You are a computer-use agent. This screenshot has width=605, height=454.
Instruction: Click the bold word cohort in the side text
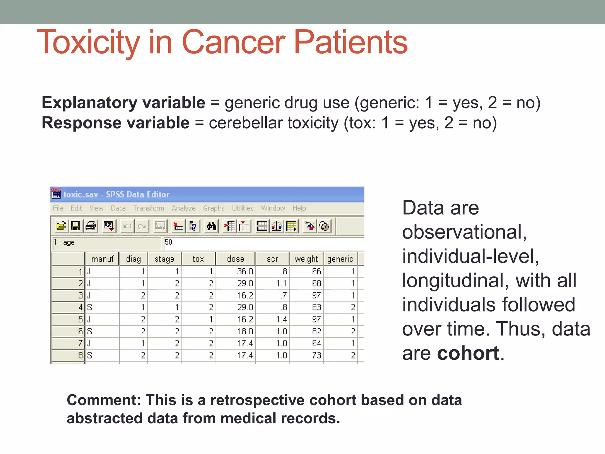pyautogui.click(x=468, y=353)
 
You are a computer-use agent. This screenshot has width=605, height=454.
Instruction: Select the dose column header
pyautogui.click(x=235, y=259)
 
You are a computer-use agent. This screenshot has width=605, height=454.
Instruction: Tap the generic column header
pyautogui.click(x=340, y=259)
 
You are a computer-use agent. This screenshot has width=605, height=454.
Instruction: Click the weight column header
pyautogui.click(x=306, y=259)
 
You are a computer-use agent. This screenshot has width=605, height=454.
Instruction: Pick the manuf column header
pyautogui.click(x=102, y=259)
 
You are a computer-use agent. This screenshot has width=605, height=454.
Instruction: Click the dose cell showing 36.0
pyautogui.click(x=245, y=271)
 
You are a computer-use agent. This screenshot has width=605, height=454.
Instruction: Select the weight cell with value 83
pyautogui.click(x=316, y=307)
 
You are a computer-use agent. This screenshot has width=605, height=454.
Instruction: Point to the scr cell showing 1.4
pyautogui.click(x=281, y=319)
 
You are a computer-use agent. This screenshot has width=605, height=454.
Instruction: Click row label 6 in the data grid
pyautogui.click(x=80, y=331)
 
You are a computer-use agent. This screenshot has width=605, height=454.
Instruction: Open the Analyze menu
pyautogui.click(x=183, y=208)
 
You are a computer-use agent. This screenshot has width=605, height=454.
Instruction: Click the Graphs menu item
pyautogui.click(x=214, y=208)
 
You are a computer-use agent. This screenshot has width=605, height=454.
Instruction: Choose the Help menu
pyautogui.click(x=299, y=208)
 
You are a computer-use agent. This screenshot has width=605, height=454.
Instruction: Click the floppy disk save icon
pyautogui.click(x=76, y=226)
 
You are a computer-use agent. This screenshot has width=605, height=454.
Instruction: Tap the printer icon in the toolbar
pyautogui.click(x=90, y=226)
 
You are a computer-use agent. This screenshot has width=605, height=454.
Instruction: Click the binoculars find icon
pyautogui.click(x=211, y=226)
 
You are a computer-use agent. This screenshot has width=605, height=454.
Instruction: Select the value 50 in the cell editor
pyautogui.click(x=168, y=242)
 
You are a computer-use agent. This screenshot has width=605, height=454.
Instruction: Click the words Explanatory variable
pyautogui.click(x=123, y=103)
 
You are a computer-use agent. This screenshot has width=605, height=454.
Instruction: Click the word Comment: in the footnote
pyautogui.click(x=104, y=400)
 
